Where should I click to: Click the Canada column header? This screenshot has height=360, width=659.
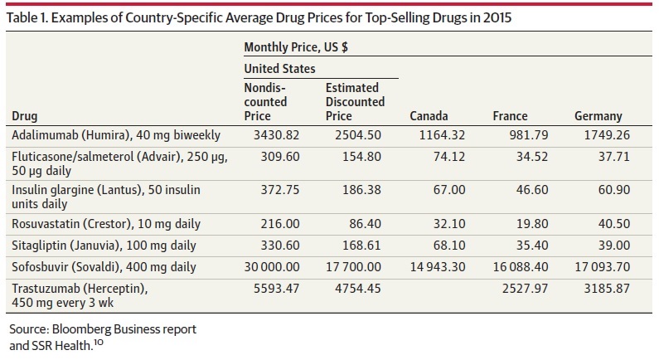(x=429, y=116)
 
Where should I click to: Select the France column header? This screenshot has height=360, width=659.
(x=511, y=116)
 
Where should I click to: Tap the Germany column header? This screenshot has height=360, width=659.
(x=598, y=116)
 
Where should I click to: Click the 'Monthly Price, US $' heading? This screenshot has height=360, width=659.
(x=296, y=47)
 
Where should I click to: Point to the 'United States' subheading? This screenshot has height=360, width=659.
(x=279, y=69)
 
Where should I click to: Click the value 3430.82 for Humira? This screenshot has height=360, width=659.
(x=277, y=135)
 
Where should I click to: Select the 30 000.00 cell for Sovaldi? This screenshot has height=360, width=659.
(x=272, y=267)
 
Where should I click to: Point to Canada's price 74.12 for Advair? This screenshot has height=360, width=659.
(x=449, y=157)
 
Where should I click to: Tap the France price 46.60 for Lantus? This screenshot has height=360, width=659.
(x=532, y=190)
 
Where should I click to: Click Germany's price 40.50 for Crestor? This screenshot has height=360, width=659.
(x=614, y=224)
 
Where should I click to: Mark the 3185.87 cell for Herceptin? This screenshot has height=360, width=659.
(x=607, y=289)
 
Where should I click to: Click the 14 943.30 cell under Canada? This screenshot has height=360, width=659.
(x=438, y=267)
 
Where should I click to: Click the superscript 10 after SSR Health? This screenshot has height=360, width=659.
(x=99, y=342)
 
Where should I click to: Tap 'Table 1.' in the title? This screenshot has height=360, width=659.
(x=27, y=17)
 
